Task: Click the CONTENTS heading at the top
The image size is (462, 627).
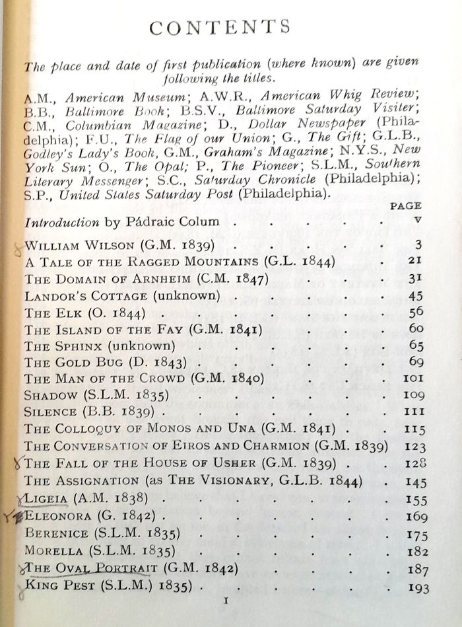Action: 220,27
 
